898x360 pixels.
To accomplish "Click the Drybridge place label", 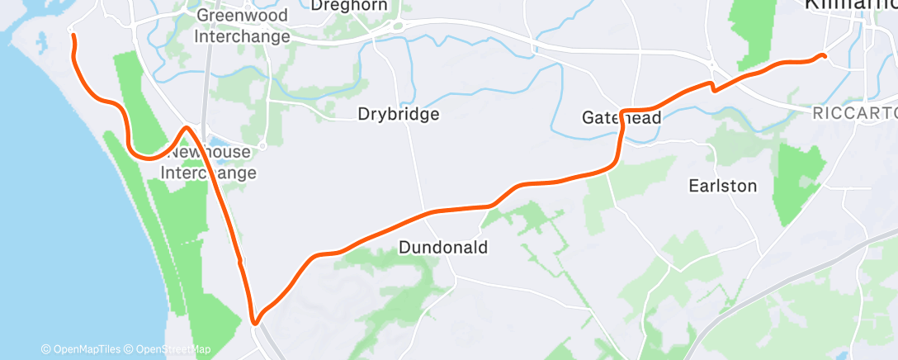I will tap(398, 115).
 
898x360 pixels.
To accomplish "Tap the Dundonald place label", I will tap(442, 247).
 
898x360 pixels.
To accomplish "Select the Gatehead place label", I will tap(622, 118).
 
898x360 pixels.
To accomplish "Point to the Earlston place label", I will tap(722, 186).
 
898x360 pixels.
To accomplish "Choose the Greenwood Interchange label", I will tap(242, 26).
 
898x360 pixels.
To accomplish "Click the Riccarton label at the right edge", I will tap(855, 111).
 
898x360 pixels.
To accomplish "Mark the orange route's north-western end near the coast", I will tap(73, 36).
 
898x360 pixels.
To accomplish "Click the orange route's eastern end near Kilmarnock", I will tap(823, 55).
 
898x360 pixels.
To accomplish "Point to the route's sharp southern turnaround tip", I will tap(255, 323).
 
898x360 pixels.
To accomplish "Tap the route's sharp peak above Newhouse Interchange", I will tap(187, 127).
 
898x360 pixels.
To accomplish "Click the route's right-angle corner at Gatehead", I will tap(622, 111).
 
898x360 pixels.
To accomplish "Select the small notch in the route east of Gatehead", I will tap(714, 87).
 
